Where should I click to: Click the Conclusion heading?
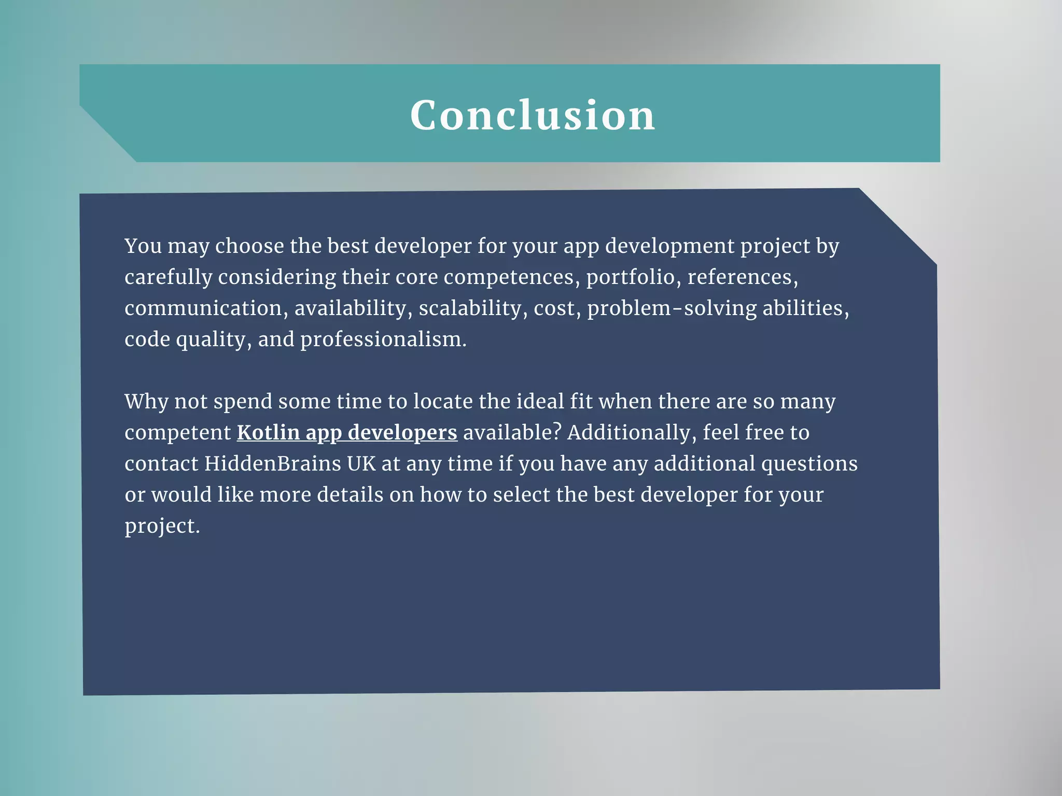coord(533,115)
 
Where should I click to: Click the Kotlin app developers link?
coord(347,433)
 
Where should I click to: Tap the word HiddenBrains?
coord(272,464)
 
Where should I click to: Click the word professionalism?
coord(383,339)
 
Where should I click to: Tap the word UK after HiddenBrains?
coord(361,464)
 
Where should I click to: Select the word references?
coord(742,277)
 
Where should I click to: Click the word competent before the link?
coord(177,433)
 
